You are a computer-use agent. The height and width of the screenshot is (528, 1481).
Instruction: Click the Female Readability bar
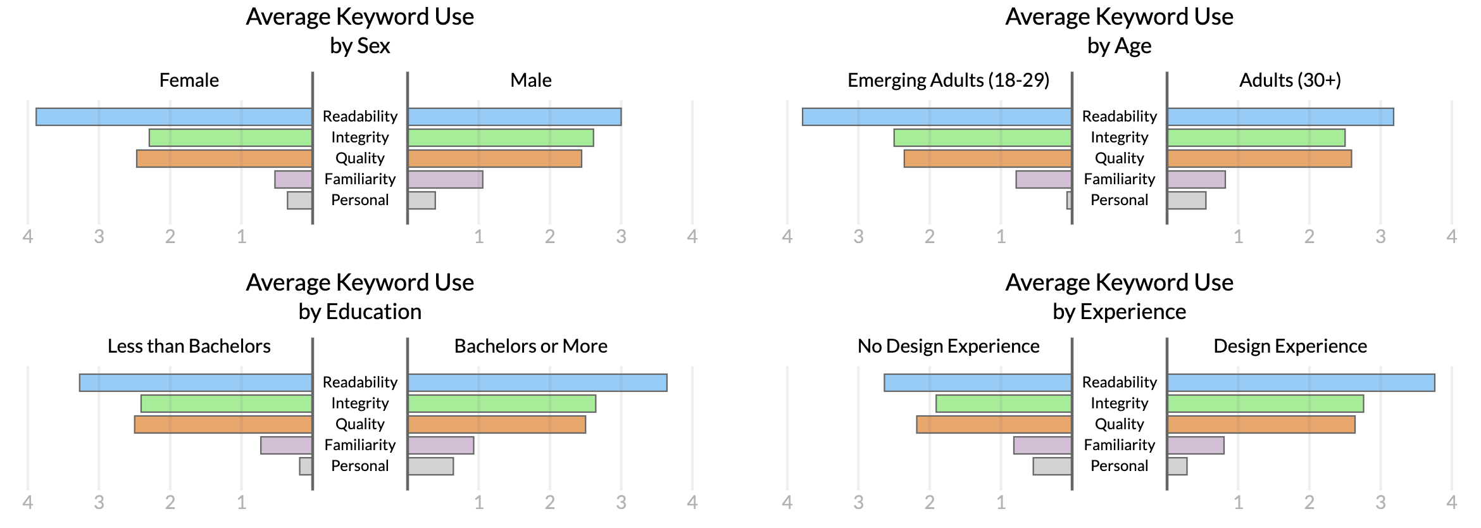(x=174, y=117)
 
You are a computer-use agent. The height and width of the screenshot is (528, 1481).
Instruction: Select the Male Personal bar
(x=422, y=201)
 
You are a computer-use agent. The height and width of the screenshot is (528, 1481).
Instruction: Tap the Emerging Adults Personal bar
(x=1069, y=201)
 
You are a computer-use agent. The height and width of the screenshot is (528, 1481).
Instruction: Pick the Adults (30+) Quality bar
(x=1259, y=159)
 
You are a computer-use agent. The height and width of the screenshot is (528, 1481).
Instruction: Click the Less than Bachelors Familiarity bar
(x=286, y=446)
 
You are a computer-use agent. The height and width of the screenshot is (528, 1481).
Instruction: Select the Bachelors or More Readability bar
(x=537, y=383)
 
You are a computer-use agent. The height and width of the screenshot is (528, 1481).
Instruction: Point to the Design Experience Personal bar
(x=1177, y=467)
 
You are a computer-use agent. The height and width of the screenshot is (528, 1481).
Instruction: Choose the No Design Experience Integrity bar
(x=1004, y=404)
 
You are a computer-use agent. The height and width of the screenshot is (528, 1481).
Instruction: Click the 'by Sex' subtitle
(x=359, y=46)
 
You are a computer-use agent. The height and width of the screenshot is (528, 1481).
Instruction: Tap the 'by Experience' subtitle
(x=1119, y=312)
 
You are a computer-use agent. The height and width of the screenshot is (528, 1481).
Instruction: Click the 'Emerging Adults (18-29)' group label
(x=948, y=80)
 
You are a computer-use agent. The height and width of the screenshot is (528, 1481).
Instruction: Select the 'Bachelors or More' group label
(x=530, y=346)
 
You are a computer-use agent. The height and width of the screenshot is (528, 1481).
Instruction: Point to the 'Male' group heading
(x=530, y=80)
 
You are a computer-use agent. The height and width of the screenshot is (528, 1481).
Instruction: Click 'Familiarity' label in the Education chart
(x=359, y=445)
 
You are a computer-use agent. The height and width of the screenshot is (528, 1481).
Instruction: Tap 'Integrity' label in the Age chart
(x=1119, y=137)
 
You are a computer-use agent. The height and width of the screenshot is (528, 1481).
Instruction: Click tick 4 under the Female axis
(x=28, y=237)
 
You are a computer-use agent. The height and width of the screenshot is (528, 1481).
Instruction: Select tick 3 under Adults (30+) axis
(x=1380, y=237)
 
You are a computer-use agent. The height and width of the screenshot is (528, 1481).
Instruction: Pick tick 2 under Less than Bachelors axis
(x=170, y=503)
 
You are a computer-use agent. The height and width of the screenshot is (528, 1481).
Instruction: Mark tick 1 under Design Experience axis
(x=1238, y=503)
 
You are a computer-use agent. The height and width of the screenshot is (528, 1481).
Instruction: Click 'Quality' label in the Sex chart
(x=359, y=158)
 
